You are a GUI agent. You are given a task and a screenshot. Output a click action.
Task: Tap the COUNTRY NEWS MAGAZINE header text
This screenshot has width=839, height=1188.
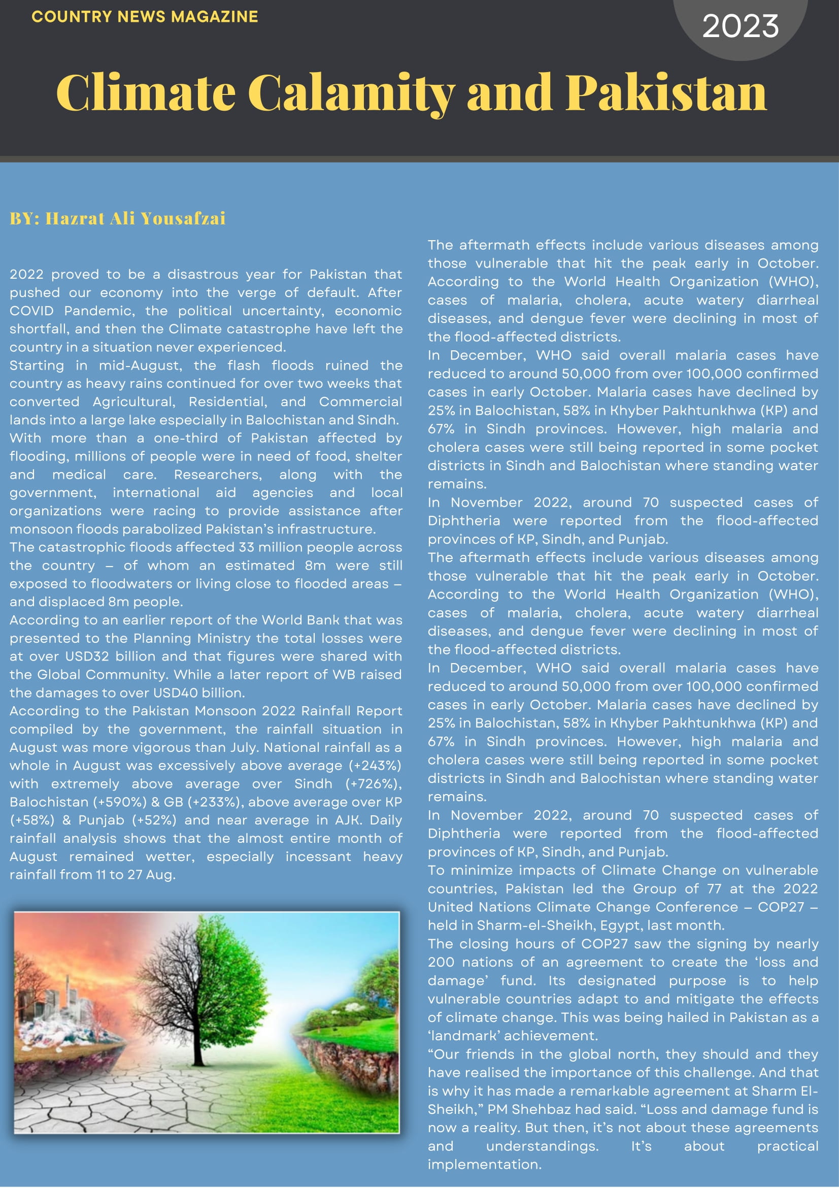(144, 17)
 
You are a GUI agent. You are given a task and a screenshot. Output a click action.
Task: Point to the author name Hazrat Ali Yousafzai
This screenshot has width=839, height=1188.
(136, 218)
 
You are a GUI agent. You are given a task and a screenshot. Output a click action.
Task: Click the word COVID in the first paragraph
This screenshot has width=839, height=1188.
(31, 311)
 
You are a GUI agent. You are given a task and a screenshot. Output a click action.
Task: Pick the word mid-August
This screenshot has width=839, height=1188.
(136, 366)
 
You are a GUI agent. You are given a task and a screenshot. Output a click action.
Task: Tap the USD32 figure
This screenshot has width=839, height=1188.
(87, 656)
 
